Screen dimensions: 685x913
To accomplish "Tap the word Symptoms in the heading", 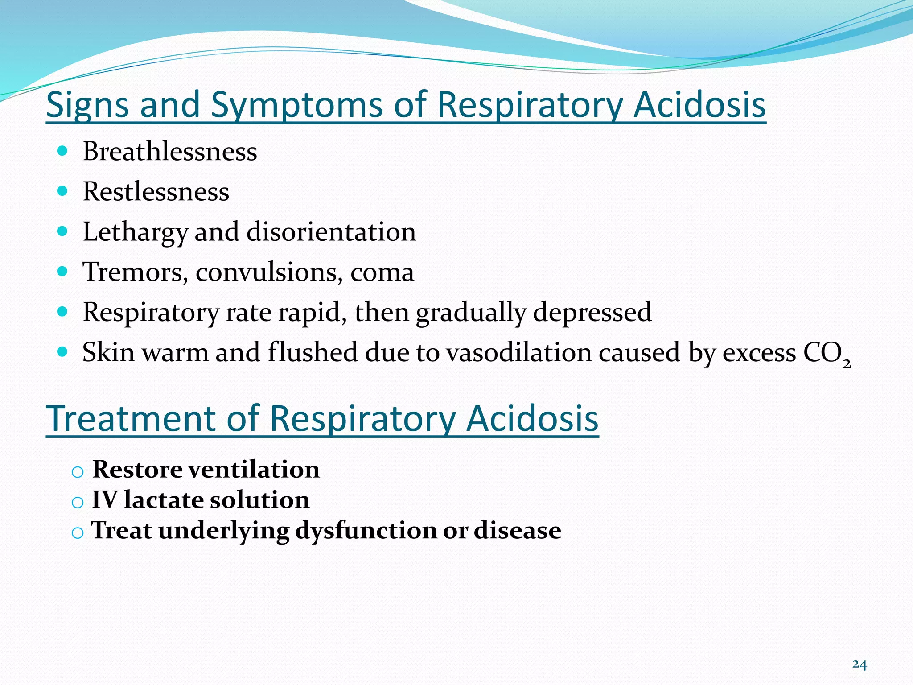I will pos(296,105).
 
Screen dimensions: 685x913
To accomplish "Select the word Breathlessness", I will pos(170,152).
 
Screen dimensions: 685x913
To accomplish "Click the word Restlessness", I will pos(156,192).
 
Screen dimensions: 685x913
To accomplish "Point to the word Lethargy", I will pos(135,232).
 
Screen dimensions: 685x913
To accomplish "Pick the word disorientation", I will pos(331,232).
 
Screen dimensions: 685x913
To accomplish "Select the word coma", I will pos(382,272).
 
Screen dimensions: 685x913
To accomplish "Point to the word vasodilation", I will pos(518,352).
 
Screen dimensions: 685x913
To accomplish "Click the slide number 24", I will pos(860,665).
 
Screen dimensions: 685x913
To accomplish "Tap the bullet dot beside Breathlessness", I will pos(62,151).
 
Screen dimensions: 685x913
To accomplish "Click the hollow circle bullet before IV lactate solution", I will pos(78,503).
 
